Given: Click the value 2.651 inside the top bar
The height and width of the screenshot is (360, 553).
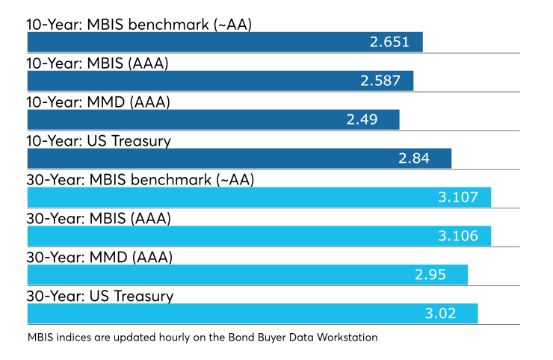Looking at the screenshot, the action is point(389,42).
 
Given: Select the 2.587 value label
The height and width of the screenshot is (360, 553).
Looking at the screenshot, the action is point(380,81).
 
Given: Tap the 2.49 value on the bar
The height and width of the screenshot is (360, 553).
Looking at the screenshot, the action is point(362,120).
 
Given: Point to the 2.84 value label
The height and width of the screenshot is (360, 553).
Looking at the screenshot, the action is point(414,158).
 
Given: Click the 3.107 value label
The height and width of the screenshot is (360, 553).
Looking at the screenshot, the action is point(458,197).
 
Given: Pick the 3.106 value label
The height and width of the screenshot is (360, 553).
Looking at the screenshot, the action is point(458,236).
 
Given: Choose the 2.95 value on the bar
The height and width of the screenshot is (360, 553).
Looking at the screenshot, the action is point(430,275).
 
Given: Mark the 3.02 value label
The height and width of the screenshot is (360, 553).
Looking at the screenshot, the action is point(440,314).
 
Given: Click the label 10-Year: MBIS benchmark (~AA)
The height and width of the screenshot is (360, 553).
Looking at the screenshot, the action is point(139,25).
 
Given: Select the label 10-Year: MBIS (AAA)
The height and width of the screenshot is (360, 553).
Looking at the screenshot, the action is point(98,63).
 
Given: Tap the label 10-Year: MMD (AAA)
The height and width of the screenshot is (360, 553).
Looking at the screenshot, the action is point(99,102).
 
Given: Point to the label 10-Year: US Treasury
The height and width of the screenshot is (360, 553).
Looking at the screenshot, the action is point(99,141).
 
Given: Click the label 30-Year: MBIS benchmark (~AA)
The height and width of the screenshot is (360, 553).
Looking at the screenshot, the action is point(140,180).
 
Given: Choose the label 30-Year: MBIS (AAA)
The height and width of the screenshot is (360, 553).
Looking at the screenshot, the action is point(99,219).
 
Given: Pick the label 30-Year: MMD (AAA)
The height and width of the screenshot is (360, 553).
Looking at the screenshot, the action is point(99,258).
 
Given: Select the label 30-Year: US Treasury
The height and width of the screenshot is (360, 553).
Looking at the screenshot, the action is point(100,297).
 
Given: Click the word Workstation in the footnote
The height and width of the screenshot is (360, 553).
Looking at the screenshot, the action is point(347,338).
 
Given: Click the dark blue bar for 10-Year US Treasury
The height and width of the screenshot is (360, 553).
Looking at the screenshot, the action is point(239,158).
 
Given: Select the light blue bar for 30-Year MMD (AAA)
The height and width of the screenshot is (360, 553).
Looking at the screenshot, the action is point(247,275).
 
